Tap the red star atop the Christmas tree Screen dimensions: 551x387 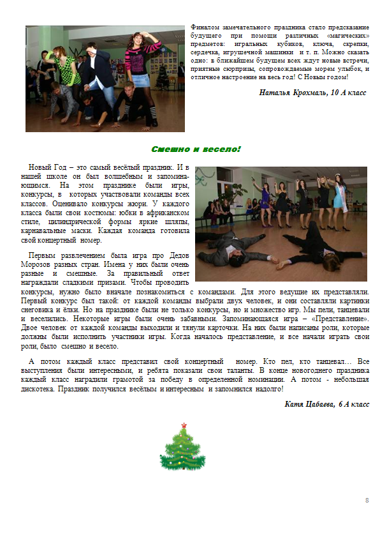click(x=184, y=425)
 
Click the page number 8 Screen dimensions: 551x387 click(x=367, y=499)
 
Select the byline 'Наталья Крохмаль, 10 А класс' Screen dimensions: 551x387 click(x=312, y=93)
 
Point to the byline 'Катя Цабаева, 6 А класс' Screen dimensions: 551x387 click(x=326, y=404)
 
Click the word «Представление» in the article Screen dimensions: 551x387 click(x=337, y=317)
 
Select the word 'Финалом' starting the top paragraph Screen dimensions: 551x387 click(x=204, y=28)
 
